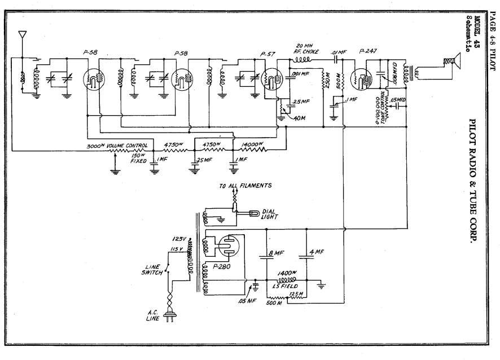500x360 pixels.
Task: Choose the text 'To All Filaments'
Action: (x=246, y=185)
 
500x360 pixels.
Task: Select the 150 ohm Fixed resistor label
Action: (x=139, y=158)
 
